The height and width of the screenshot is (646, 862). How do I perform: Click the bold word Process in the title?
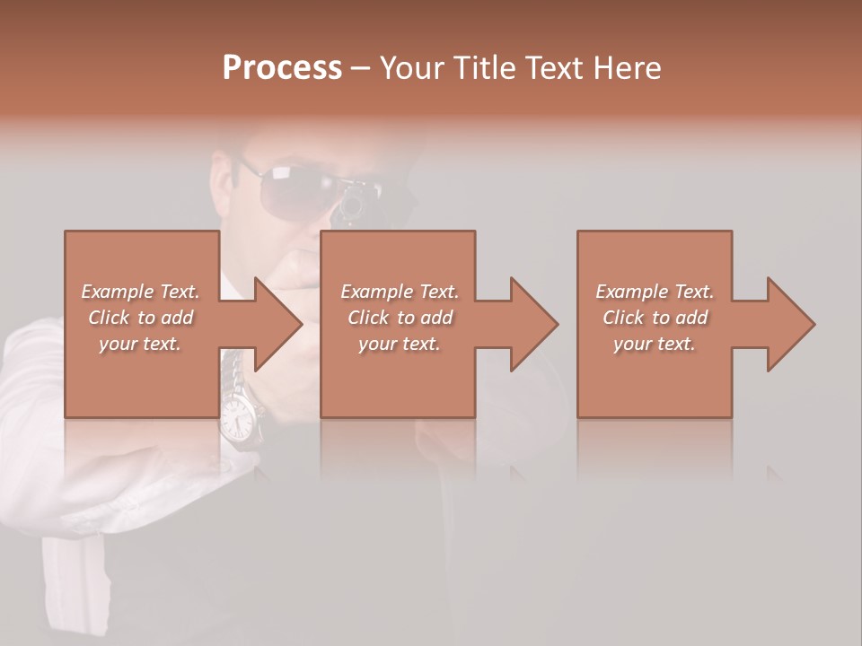282,68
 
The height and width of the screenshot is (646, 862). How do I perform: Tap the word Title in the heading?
481,68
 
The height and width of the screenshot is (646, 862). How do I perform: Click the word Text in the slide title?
555,68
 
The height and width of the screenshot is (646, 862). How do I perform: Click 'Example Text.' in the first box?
140,292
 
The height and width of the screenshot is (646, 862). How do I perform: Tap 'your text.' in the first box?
140,344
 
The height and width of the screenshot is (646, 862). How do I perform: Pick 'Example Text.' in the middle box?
400,292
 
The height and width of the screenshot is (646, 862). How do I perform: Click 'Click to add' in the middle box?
400,318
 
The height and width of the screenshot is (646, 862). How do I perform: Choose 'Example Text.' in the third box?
655,292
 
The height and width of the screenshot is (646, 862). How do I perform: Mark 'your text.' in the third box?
655,344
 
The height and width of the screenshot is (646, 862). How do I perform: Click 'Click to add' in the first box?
140,318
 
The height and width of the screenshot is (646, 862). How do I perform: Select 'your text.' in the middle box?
400,344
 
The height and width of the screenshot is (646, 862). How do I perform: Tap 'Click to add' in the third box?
655,318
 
